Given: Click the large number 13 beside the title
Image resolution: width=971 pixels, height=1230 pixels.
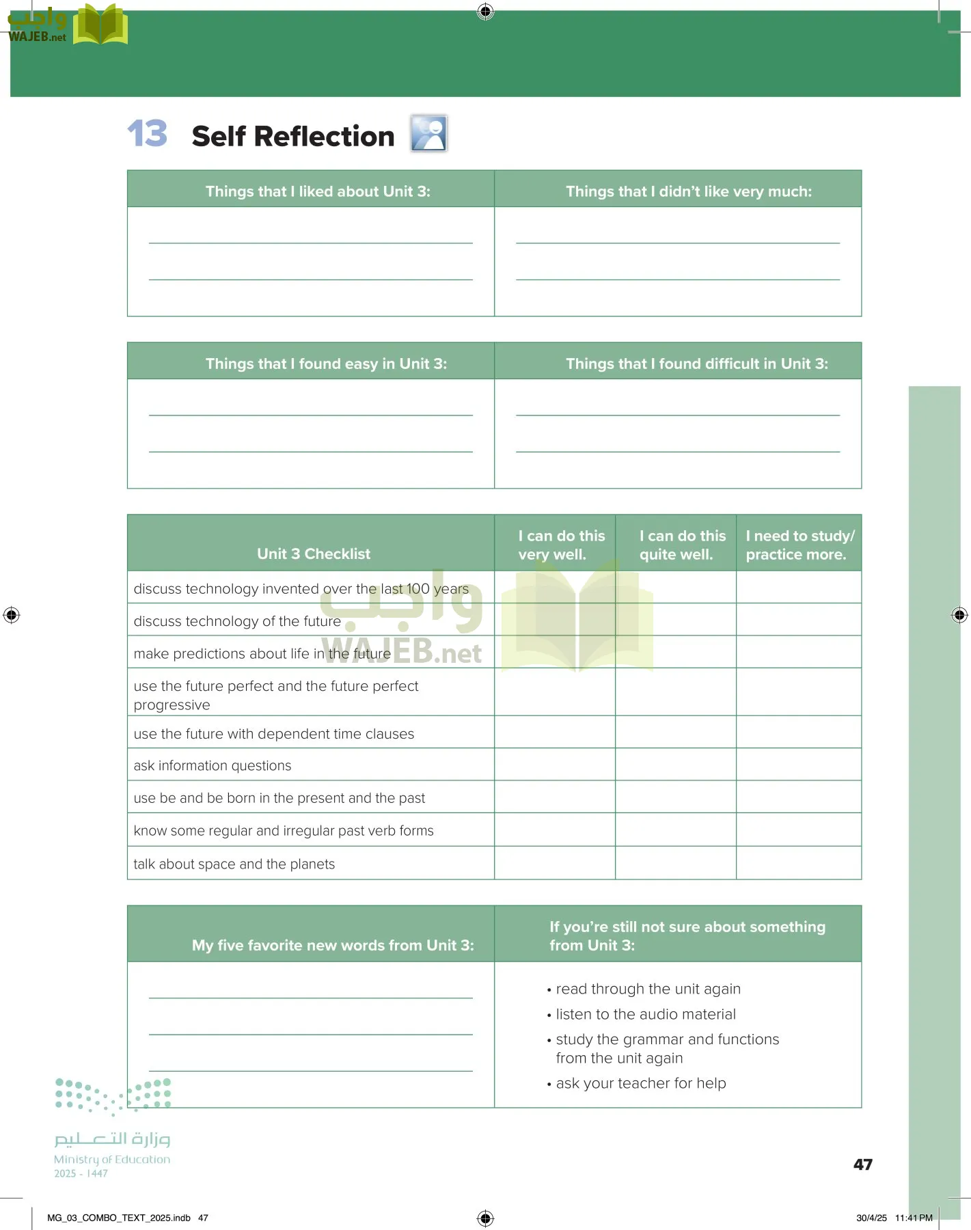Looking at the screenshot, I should pyautogui.click(x=147, y=133).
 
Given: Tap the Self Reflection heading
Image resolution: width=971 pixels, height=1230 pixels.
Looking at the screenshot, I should pyautogui.click(x=292, y=136).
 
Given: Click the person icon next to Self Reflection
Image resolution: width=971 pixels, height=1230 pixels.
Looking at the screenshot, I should pyautogui.click(x=428, y=133).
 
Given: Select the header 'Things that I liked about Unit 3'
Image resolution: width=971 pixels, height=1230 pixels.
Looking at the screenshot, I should pyautogui.click(x=318, y=191).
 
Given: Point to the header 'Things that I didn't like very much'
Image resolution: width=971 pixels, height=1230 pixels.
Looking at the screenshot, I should pyautogui.click(x=688, y=191).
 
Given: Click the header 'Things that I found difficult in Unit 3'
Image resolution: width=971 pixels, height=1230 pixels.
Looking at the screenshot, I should pyautogui.click(x=696, y=364).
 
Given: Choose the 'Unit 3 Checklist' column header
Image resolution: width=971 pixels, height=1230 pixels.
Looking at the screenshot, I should pyautogui.click(x=313, y=553).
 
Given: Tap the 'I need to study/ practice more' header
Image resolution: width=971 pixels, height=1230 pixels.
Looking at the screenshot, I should pyautogui.click(x=799, y=545).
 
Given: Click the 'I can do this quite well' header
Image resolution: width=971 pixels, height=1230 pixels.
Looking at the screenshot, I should pyautogui.click(x=681, y=545).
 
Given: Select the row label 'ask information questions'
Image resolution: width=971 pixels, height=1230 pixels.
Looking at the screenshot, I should pyautogui.click(x=213, y=766).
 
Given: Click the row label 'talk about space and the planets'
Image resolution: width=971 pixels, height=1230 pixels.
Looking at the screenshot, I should pyautogui.click(x=234, y=864).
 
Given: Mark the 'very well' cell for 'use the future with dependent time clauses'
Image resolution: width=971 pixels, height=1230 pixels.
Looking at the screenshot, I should pyautogui.click(x=554, y=733).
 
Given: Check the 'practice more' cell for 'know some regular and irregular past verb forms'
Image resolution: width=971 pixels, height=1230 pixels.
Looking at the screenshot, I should pyautogui.click(x=798, y=830).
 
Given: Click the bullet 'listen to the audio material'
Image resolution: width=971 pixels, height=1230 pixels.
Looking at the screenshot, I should pyautogui.click(x=645, y=1014).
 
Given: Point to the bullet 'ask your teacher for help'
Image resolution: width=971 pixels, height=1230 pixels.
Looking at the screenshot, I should pyautogui.click(x=640, y=1083).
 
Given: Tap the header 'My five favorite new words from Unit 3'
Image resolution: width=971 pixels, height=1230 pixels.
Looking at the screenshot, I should pyautogui.click(x=333, y=945).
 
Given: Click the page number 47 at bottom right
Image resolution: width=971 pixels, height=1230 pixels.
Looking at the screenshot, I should pyautogui.click(x=862, y=1164).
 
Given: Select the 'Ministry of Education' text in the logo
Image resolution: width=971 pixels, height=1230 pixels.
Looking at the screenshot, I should pyautogui.click(x=112, y=1160).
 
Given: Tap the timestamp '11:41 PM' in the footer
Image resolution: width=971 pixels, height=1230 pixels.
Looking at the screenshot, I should pyautogui.click(x=913, y=1218).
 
